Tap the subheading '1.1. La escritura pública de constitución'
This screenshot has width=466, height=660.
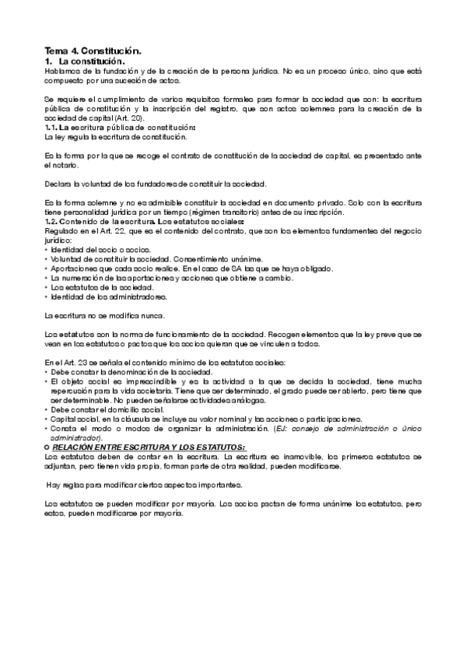(x=120, y=127)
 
